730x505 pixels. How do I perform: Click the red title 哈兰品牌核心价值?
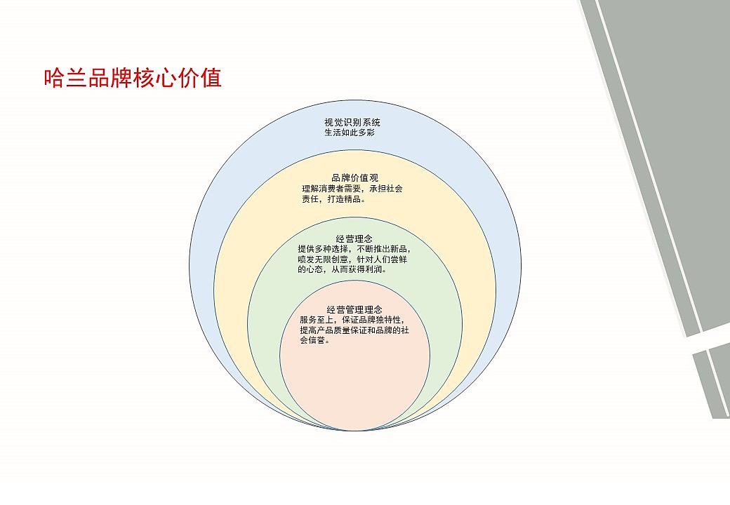pyautogui.click(x=133, y=78)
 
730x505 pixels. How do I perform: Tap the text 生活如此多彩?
pyautogui.click(x=350, y=132)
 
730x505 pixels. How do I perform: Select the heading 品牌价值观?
pyautogui.click(x=354, y=177)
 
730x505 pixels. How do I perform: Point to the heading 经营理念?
pyautogui.click(x=354, y=238)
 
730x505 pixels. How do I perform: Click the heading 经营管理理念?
pyautogui.click(x=354, y=309)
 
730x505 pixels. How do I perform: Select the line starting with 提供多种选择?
pyautogui.click(x=354, y=248)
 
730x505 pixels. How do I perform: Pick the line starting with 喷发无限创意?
pyautogui.click(x=354, y=259)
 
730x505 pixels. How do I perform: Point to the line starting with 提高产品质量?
pyautogui.click(x=354, y=330)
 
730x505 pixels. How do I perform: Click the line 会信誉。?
pyautogui.click(x=315, y=340)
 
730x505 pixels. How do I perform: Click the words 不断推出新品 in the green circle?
pyautogui.click(x=383, y=248)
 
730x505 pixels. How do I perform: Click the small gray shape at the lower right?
pyautogui.click(x=712, y=382)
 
